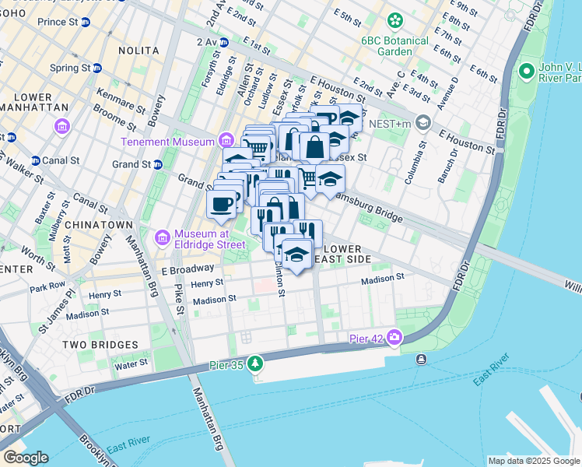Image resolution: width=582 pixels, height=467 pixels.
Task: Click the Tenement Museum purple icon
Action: point(226,141)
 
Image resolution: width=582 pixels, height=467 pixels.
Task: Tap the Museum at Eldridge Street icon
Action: point(163,237)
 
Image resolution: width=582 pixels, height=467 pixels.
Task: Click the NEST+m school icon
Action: point(422,121)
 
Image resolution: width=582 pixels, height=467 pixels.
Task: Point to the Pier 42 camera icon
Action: point(394,337)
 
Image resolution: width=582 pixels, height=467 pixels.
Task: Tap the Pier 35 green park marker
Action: point(256,363)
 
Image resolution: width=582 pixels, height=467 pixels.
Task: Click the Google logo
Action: point(26,458)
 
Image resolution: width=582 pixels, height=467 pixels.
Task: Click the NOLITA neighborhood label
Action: point(138,50)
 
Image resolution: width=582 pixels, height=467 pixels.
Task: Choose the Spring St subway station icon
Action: point(97,68)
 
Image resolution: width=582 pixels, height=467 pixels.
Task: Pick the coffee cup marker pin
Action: point(222,205)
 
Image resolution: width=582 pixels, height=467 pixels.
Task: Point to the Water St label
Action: point(131,363)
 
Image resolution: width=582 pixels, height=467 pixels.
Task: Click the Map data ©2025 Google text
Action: point(532,461)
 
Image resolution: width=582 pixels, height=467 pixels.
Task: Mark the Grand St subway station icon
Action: point(157,164)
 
